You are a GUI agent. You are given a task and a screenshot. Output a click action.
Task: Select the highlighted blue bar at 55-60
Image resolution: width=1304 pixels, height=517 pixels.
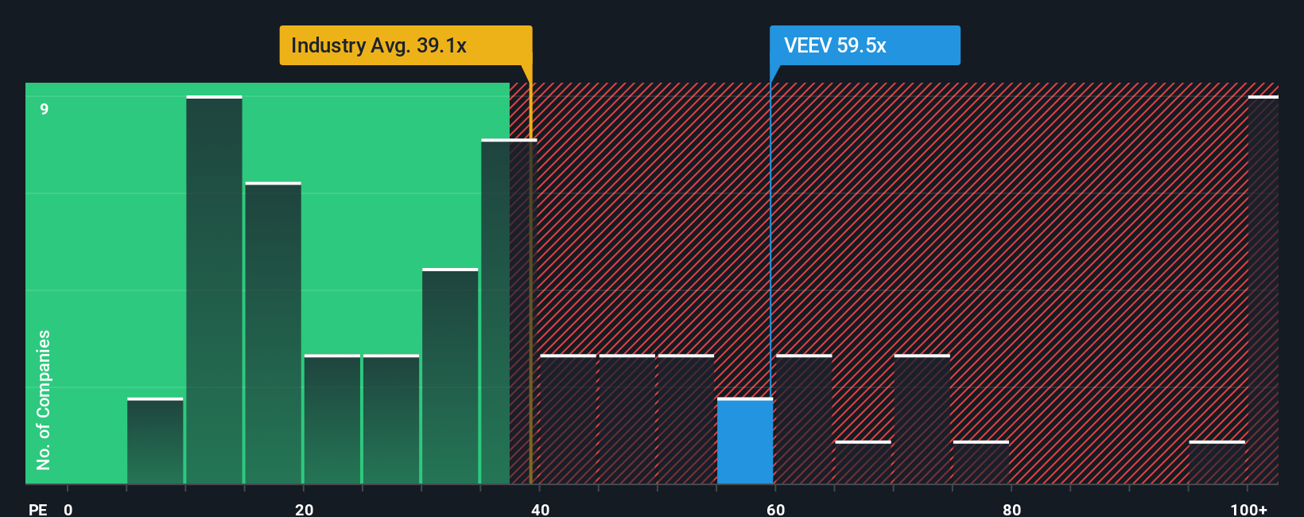pyautogui.click(x=744, y=441)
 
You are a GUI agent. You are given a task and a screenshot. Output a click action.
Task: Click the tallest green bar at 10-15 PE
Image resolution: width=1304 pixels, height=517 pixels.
pyautogui.click(x=214, y=290)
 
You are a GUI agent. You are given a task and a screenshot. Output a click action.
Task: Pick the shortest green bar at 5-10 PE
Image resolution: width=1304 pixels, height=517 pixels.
pyautogui.click(x=155, y=441)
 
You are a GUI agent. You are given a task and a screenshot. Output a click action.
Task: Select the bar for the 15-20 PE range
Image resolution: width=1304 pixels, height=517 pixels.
pyautogui.click(x=273, y=334)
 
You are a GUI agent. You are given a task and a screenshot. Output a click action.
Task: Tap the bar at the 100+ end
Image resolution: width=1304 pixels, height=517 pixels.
pyautogui.click(x=1263, y=290)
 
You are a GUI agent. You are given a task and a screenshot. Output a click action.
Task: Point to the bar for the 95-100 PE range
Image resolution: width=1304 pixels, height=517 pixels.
pyautogui.click(x=1217, y=463)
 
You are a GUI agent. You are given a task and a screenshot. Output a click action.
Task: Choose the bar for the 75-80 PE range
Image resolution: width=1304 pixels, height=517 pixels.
pyautogui.click(x=980, y=463)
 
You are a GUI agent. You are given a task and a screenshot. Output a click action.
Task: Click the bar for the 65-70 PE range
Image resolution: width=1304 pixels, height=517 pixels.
pyautogui.click(x=863, y=463)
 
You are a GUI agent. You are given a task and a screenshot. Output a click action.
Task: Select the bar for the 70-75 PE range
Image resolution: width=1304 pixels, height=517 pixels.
pyautogui.click(x=922, y=419)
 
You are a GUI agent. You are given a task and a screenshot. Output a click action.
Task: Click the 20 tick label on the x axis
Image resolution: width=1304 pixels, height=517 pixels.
pyautogui.click(x=304, y=509)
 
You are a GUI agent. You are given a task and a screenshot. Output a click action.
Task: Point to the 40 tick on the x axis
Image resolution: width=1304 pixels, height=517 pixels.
pyautogui.click(x=540, y=509)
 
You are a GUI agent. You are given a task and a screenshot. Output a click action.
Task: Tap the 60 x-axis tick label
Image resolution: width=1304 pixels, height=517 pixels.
pyautogui.click(x=775, y=509)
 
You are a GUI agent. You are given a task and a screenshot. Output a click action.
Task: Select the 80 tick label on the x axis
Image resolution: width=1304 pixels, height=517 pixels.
pyautogui.click(x=1011, y=509)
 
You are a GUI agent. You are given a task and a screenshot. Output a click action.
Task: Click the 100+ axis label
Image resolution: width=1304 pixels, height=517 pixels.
pyautogui.click(x=1248, y=509)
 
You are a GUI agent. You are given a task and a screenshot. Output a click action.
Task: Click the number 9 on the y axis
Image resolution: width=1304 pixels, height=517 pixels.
pyautogui.click(x=45, y=109)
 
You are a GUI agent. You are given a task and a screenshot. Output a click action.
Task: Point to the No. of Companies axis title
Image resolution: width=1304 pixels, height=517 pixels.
pyautogui.click(x=44, y=399)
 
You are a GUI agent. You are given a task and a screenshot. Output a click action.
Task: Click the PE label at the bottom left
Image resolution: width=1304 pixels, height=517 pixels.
pyautogui.click(x=37, y=509)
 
